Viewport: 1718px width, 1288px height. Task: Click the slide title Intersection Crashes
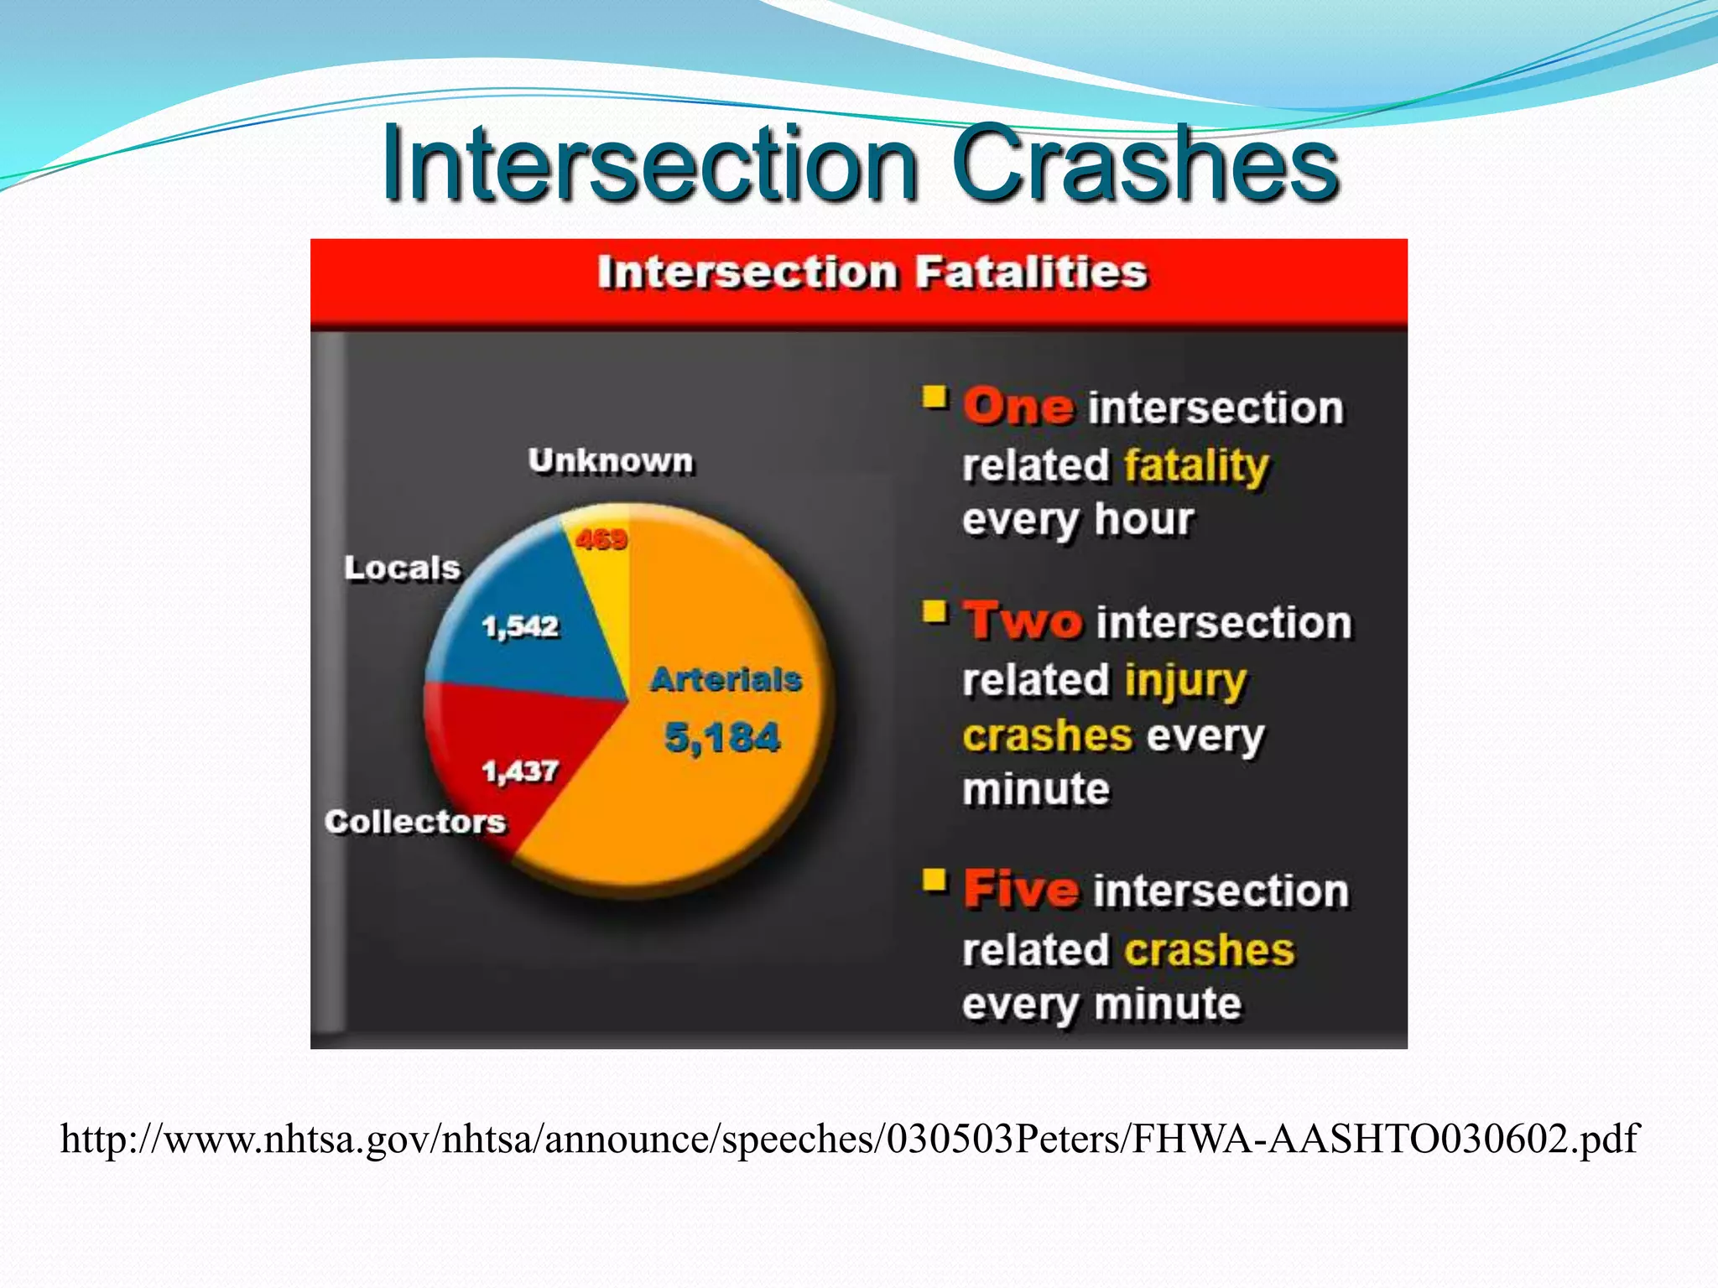coord(860,164)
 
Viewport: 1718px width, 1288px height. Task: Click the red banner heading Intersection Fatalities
coord(872,273)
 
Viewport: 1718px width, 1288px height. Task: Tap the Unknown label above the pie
coord(611,461)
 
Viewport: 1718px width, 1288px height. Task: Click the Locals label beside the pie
coord(402,569)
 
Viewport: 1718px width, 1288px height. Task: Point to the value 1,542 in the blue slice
coord(520,626)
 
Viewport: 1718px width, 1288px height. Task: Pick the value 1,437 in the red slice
coord(520,771)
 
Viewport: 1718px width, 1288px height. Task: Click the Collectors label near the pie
coord(415,822)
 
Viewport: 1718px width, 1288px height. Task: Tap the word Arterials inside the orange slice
coord(726,679)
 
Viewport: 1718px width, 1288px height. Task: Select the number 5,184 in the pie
coord(722,738)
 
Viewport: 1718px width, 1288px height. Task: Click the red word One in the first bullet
coord(1018,408)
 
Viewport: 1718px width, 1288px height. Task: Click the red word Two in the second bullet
coord(1023,622)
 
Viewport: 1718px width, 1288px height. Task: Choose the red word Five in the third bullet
coord(1021,890)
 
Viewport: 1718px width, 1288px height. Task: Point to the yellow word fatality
coord(1196,465)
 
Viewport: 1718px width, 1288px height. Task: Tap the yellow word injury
coord(1185,680)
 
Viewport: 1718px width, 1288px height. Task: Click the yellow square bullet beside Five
coord(934,880)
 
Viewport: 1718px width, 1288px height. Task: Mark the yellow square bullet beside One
coord(934,397)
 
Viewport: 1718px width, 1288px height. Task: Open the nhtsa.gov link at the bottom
coord(849,1140)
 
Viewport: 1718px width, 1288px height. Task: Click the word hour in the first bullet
coord(1143,520)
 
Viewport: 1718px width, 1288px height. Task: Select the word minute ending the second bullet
coord(1036,790)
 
